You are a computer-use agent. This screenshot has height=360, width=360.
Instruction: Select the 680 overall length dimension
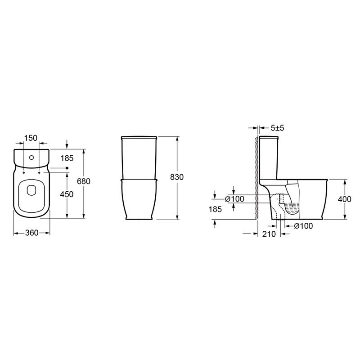click(85, 181)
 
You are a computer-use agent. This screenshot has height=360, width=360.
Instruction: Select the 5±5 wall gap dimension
click(277, 128)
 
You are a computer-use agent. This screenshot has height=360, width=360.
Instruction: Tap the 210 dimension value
click(269, 234)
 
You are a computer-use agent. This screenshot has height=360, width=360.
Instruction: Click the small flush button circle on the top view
click(31, 157)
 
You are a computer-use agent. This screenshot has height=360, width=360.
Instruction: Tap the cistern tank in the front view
click(139, 157)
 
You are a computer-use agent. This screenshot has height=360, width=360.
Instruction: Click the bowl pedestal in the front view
click(139, 200)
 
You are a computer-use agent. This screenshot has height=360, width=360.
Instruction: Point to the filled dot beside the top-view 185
click(67, 168)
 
